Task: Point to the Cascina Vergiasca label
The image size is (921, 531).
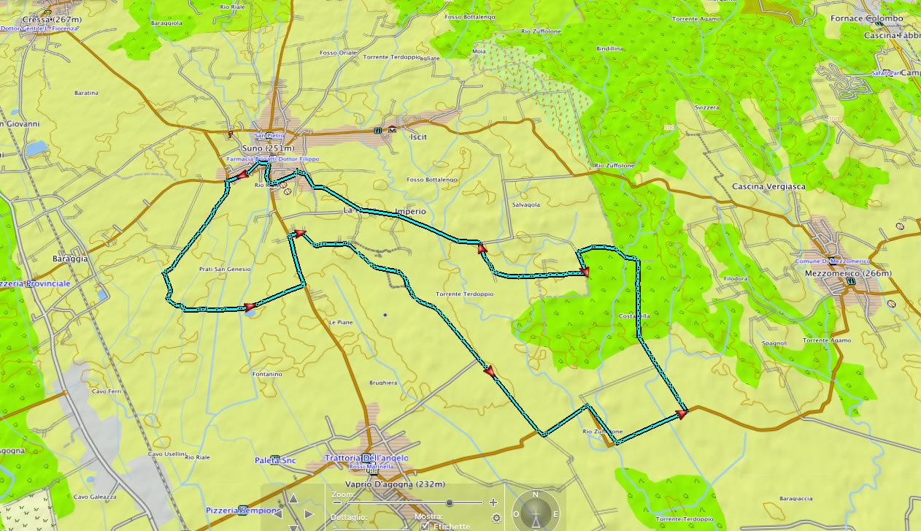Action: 768,187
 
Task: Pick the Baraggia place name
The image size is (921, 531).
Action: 70,259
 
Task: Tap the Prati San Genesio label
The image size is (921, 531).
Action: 225,270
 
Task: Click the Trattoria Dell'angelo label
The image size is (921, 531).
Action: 366,458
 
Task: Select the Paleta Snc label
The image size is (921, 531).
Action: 275,460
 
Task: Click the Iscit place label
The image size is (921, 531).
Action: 418,137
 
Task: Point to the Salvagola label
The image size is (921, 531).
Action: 526,205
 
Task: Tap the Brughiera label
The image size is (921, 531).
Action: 383,383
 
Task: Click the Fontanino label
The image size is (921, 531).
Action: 267,375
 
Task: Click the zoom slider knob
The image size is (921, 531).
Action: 450,503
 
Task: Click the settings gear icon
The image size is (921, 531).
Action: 497,518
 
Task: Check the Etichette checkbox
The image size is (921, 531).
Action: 425,526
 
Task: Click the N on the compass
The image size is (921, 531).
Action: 535,495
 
